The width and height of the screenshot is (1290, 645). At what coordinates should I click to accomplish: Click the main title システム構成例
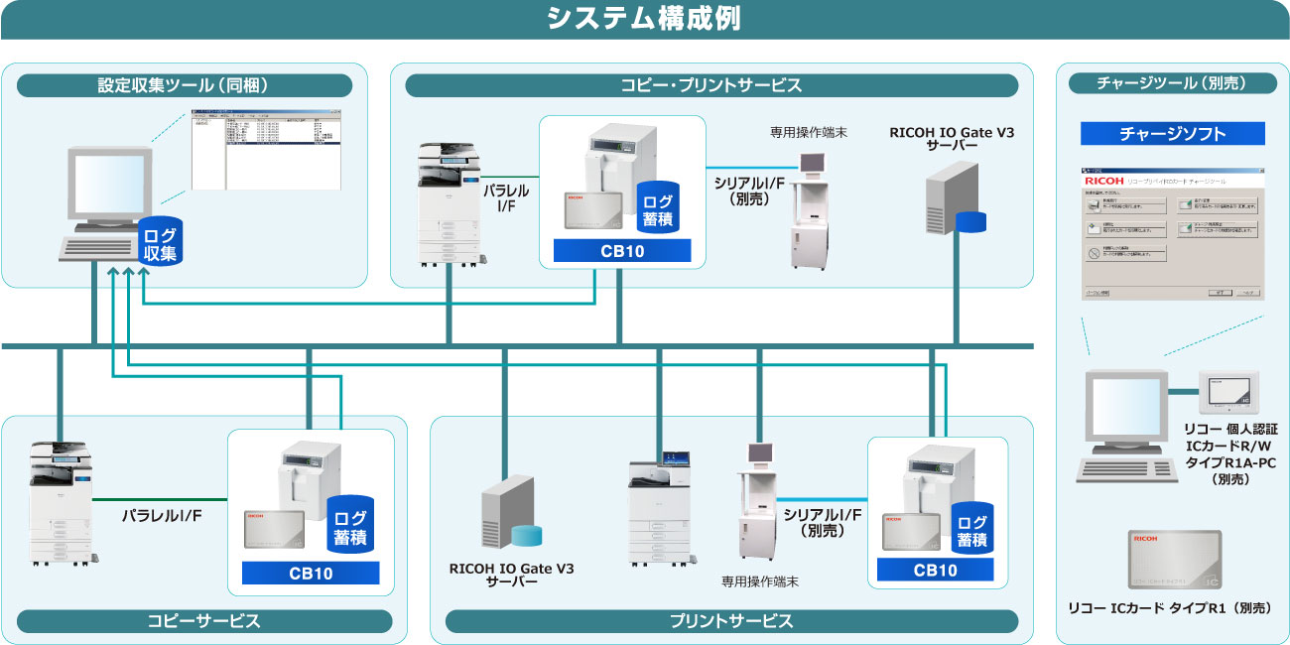[x=644, y=19]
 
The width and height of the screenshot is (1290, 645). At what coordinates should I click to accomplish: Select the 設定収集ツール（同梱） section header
[x=185, y=85]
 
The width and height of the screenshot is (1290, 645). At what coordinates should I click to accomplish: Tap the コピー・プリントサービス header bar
[x=710, y=85]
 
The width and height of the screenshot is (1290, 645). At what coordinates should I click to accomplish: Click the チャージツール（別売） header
[x=1172, y=83]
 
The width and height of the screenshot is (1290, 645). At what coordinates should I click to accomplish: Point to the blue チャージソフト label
[x=1172, y=133]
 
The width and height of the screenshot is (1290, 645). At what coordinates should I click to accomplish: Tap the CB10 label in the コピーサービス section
[x=311, y=573]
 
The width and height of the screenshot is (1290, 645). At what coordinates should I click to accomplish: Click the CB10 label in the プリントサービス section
[x=935, y=570]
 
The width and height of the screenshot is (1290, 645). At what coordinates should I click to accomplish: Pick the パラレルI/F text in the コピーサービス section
[x=162, y=515]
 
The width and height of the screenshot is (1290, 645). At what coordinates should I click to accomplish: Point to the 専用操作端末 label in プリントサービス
[x=760, y=581]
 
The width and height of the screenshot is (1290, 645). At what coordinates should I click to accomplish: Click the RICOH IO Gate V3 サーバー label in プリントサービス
[x=511, y=575]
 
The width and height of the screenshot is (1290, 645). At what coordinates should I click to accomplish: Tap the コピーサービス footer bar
[x=203, y=621]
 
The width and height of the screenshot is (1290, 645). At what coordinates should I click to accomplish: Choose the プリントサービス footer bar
[x=731, y=621]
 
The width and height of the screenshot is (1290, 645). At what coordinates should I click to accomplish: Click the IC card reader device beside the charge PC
[x=1228, y=393]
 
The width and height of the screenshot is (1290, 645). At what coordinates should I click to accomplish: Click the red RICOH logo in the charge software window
[x=1104, y=182]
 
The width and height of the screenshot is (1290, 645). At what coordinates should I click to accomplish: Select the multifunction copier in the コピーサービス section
[x=62, y=501]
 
